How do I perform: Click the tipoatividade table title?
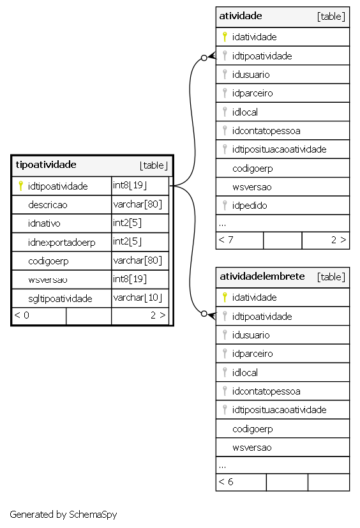[46, 165]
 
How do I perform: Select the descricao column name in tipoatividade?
[48, 205]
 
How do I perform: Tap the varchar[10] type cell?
[138, 298]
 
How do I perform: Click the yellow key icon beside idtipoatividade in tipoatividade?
[20, 186]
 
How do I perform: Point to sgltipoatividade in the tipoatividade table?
[60, 299]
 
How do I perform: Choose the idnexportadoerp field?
[62, 243]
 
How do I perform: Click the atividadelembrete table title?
[262, 276]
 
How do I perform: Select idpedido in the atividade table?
[250, 206]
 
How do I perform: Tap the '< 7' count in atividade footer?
[226, 240]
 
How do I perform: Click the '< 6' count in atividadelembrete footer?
[226, 482]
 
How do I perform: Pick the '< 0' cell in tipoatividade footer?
[22, 315]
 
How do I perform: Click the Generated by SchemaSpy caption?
[63, 515]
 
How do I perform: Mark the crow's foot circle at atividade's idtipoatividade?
[204, 58]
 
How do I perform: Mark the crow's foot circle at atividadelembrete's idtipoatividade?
[204, 314]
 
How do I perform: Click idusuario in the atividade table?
[251, 75]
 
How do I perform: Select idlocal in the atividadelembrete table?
[245, 373]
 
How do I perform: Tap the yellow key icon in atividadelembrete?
[225, 298]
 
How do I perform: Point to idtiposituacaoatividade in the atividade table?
[279, 149]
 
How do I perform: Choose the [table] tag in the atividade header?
[331, 17]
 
